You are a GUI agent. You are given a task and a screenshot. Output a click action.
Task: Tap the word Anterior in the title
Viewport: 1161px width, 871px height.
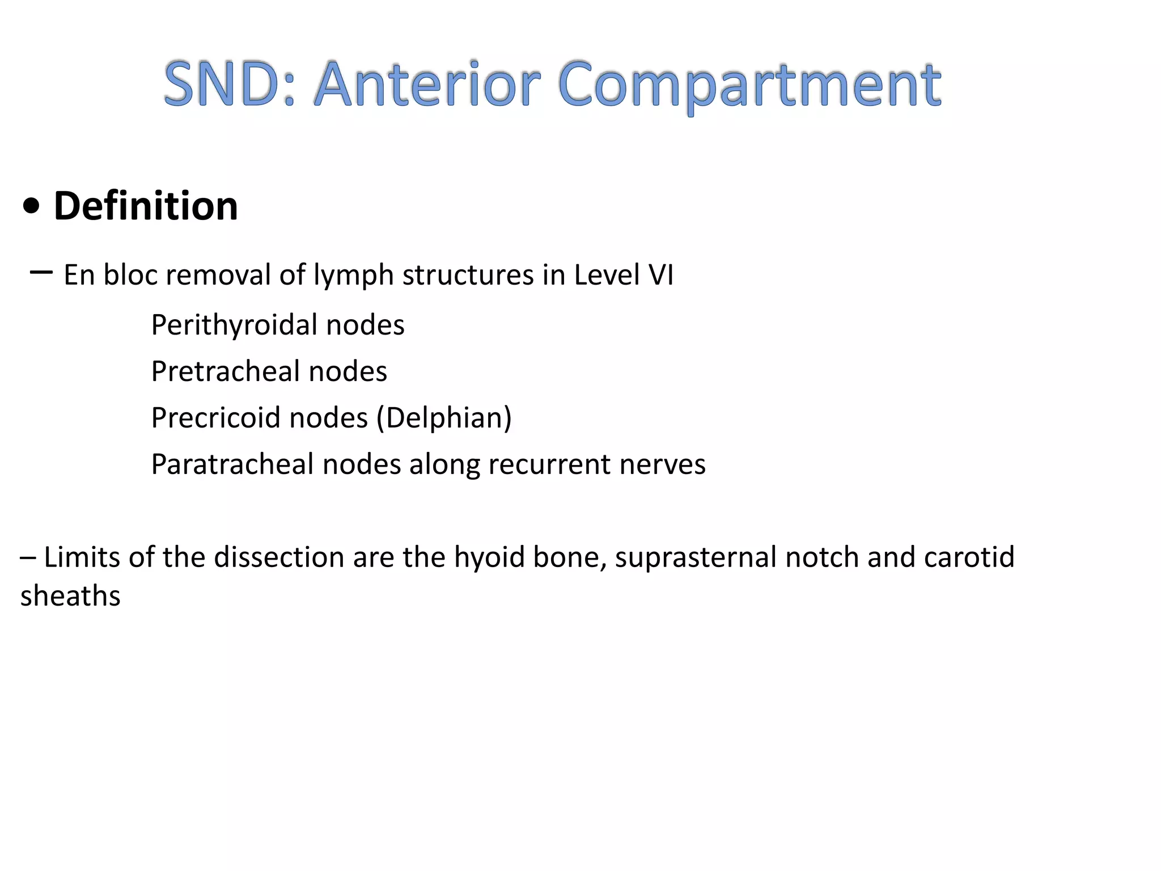point(428,85)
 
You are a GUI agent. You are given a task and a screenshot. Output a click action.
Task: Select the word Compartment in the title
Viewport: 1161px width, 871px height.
point(749,85)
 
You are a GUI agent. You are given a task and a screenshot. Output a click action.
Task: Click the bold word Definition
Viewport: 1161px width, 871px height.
point(146,206)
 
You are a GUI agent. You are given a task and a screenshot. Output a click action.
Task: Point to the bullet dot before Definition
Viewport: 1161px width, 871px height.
point(32,207)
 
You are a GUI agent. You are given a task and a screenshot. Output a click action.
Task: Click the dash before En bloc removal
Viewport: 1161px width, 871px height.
point(41,273)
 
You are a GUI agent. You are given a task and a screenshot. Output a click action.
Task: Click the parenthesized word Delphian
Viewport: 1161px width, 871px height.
point(444,418)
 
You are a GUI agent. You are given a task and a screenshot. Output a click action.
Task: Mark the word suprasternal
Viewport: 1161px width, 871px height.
point(695,558)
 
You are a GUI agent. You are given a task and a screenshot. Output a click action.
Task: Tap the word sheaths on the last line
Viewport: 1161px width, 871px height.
point(70,596)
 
